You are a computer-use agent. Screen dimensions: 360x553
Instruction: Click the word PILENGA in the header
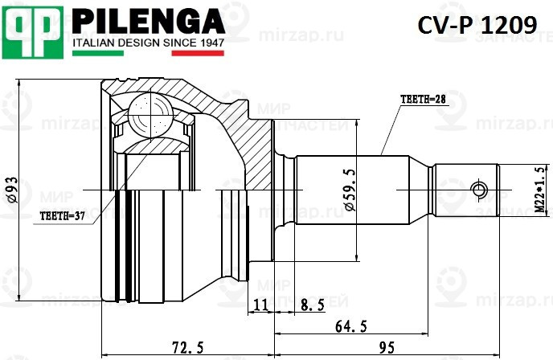click(149, 19)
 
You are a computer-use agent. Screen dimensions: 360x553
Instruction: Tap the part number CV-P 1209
click(477, 26)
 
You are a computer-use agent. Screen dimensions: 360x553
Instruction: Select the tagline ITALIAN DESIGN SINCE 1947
click(149, 42)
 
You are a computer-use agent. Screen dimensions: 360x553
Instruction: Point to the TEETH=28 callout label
click(422, 99)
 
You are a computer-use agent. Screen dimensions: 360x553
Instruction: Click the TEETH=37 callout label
click(62, 216)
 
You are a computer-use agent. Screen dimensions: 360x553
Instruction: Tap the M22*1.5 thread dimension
click(539, 190)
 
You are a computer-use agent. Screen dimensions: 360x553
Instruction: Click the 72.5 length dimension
click(188, 347)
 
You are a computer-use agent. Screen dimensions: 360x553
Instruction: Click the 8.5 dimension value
click(312, 305)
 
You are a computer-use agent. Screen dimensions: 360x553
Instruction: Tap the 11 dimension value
click(260, 305)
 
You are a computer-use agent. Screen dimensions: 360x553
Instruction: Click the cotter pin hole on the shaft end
click(480, 190)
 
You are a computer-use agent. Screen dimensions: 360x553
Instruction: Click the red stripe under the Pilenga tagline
click(198, 53)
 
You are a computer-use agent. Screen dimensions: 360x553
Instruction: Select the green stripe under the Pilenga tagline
click(97, 53)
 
